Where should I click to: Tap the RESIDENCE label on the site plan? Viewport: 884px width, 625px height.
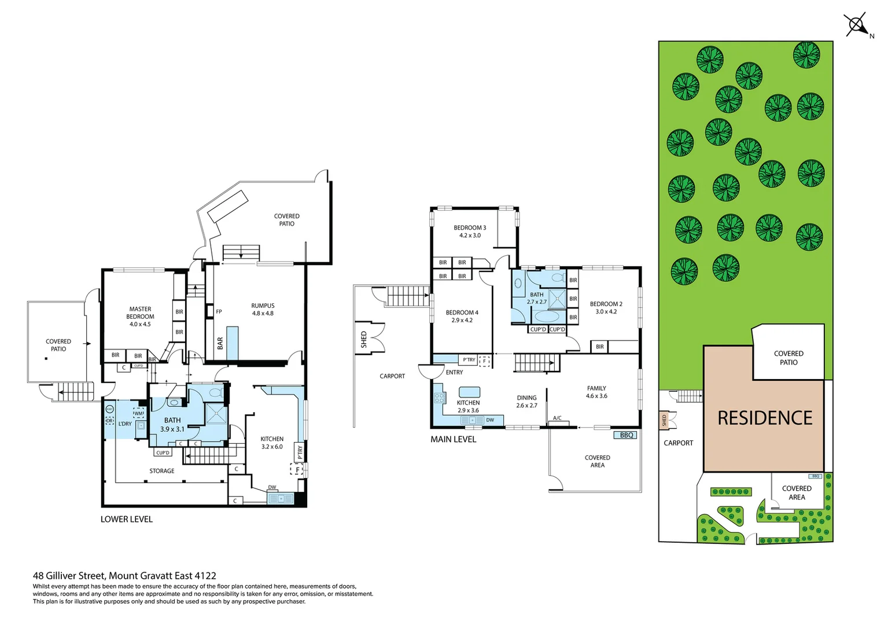pyautogui.click(x=764, y=418)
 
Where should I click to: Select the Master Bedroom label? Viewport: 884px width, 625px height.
pyautogui.click(x=140, y=317)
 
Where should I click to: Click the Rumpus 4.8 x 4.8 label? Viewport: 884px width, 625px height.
pyautogui.click(x=263, y=310)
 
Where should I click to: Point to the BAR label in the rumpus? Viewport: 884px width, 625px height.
pyautogui.click(x=220, y=344)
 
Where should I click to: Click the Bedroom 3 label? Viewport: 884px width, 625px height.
pyautogui.click(x=470, y=231)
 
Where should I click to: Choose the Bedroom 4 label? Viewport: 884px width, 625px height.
pyautogui.click(x=462, y=316)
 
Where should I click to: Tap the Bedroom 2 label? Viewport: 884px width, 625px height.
pyautogui.click(x=606, y=307)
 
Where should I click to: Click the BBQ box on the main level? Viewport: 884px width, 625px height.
pyautogui.click(x=626, y=435)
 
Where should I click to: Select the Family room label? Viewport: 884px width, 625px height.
pyautogui.click(x=596, y=392)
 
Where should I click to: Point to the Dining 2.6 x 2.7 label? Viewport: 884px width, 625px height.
pyautogui.click(x=526, y=402)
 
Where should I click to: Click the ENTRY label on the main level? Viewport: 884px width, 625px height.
pyautogui.click(x=454, y=372)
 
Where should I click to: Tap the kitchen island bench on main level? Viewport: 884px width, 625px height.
pyautogui.click(x=469, y=392)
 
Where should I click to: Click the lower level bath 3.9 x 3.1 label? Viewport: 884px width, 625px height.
pyautogui.click(x=172, y=425)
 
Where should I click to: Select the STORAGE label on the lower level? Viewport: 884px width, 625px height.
pyautogui.click(x=162, y=471)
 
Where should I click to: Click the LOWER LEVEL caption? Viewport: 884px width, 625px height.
pyautogui.click(x=127, y=519)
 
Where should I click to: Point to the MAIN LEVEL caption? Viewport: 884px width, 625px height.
pyautogui.click(x=453, y=439)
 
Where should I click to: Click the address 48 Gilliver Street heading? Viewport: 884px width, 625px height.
pyautogui.click(x=124, y=575)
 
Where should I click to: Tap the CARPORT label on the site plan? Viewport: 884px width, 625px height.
pyautogui.click(x=678, y=443)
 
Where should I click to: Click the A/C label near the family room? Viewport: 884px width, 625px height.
pyautogui.click(x=557, y=418)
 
